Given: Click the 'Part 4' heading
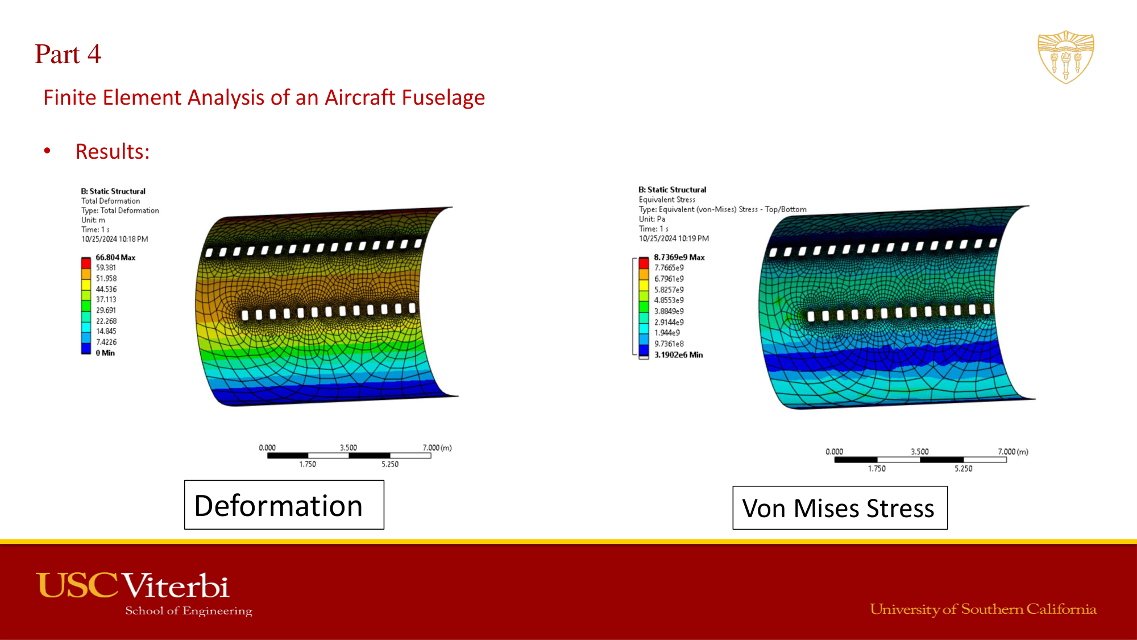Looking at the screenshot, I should point(68,55).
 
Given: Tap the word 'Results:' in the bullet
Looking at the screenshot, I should point(113,152).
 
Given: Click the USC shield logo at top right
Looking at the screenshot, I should point(1065,57).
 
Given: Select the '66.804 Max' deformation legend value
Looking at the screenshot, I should point(115,258).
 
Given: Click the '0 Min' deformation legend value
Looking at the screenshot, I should point(105,353).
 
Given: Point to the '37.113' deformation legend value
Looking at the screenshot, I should point(106,300).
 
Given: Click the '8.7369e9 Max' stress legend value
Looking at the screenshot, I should point(679,258).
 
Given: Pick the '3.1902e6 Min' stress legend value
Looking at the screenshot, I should point(678,355).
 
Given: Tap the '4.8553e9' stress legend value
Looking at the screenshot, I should point(669,300).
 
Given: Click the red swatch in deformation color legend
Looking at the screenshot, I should point(86,263).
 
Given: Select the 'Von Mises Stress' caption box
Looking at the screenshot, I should point(839,508).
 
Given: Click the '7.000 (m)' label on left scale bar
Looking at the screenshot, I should point(437,448).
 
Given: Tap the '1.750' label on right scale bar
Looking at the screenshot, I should point(876,469).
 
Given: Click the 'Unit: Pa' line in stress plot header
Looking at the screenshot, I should point(652,219).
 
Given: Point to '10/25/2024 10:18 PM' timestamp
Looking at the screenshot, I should point(114,240).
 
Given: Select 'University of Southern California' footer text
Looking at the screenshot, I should point(982,609).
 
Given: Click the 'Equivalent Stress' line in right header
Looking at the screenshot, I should point(666,200).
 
